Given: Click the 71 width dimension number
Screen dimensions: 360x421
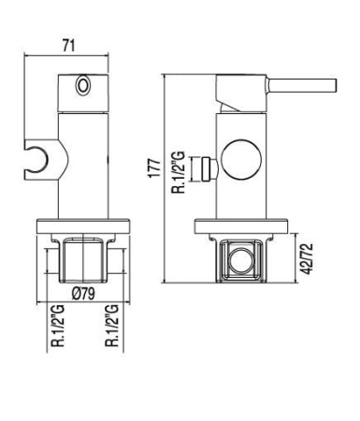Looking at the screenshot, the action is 68,46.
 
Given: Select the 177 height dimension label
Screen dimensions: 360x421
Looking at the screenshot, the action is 155,168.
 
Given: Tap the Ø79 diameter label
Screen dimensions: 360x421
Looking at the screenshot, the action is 83,294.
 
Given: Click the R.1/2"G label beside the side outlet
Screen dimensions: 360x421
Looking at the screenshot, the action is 180,172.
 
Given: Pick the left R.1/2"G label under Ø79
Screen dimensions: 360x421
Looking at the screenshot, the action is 58,327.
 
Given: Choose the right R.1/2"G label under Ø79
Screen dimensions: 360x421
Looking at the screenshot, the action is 112,327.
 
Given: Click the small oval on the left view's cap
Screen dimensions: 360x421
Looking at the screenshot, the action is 83,84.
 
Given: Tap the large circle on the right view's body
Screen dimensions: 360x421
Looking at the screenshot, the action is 241,159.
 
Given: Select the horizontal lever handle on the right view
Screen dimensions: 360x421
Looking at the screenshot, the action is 302,85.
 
